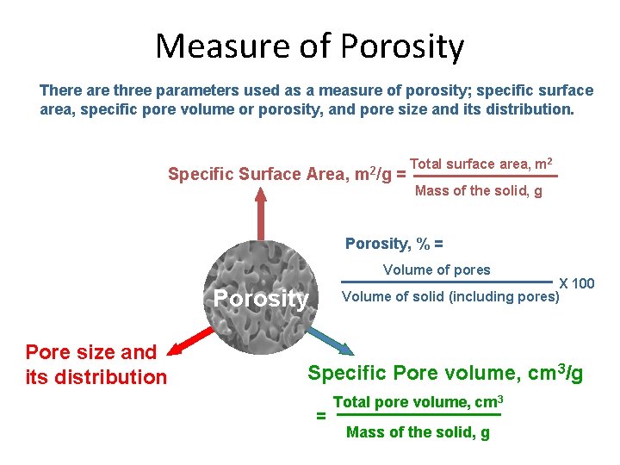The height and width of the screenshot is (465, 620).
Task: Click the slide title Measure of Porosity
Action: coord(309,46)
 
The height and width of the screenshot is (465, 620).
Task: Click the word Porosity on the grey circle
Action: coord(261,299)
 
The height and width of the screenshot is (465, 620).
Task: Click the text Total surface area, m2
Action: coord(481,164)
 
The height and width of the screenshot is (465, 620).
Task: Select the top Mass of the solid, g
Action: coord(479,191)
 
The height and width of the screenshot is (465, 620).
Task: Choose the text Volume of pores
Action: coord(437,270)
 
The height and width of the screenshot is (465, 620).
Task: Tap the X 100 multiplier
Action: coord(577,283)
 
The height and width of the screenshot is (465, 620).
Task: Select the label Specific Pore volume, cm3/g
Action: coord(445,373)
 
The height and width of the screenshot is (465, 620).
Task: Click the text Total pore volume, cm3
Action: coord(418,402)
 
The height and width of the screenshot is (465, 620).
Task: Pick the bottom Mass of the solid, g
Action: coord(418,432)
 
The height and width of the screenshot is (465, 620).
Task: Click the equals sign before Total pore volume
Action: coord(321,416)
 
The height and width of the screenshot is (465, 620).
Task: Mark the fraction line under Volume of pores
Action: coord(447,282)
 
